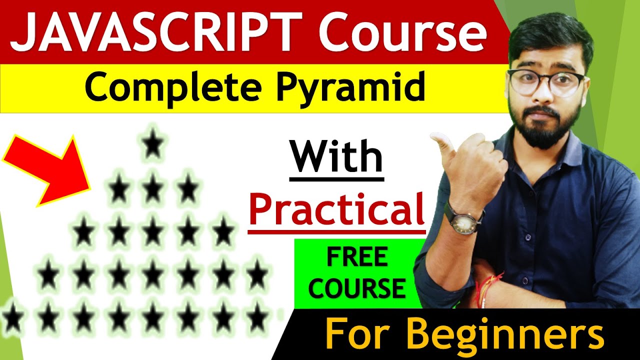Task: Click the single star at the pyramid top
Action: pyautogui.click(x=153, y=145)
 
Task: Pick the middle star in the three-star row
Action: pyautogui.click(x=153, y=189)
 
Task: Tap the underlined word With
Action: pyautogui.click(x=336, y=157)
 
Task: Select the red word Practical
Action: pyautogui.click(x=336, y=209)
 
